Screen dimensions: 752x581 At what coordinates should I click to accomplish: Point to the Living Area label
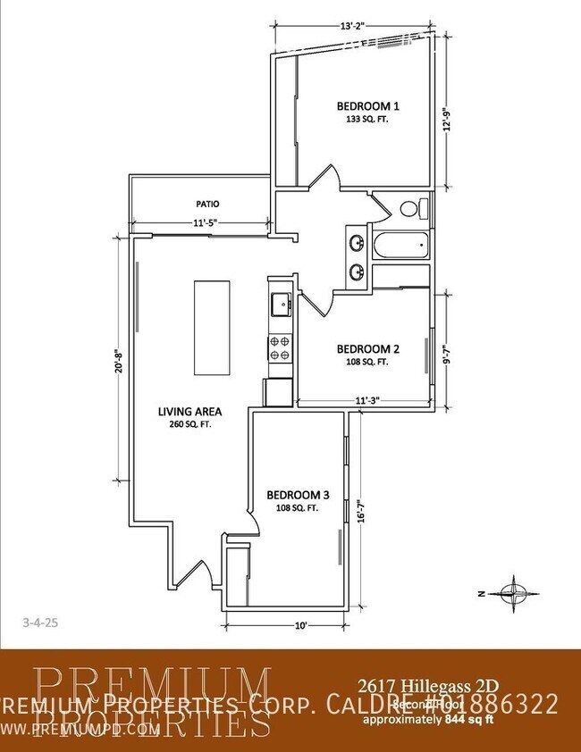[189, 412]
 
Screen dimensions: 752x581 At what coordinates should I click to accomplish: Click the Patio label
[207, 204]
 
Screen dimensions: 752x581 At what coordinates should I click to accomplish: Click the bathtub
[400, 246]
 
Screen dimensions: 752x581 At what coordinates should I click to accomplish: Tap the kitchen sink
[280, 304]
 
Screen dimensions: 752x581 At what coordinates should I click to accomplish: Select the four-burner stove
[279, 347]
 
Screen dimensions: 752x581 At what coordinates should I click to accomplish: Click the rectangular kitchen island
[212, 328]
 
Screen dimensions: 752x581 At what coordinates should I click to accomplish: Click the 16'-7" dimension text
[358, 514]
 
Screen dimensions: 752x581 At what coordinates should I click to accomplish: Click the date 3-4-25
[37, 618]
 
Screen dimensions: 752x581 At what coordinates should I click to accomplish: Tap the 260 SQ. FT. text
[189, 424]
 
